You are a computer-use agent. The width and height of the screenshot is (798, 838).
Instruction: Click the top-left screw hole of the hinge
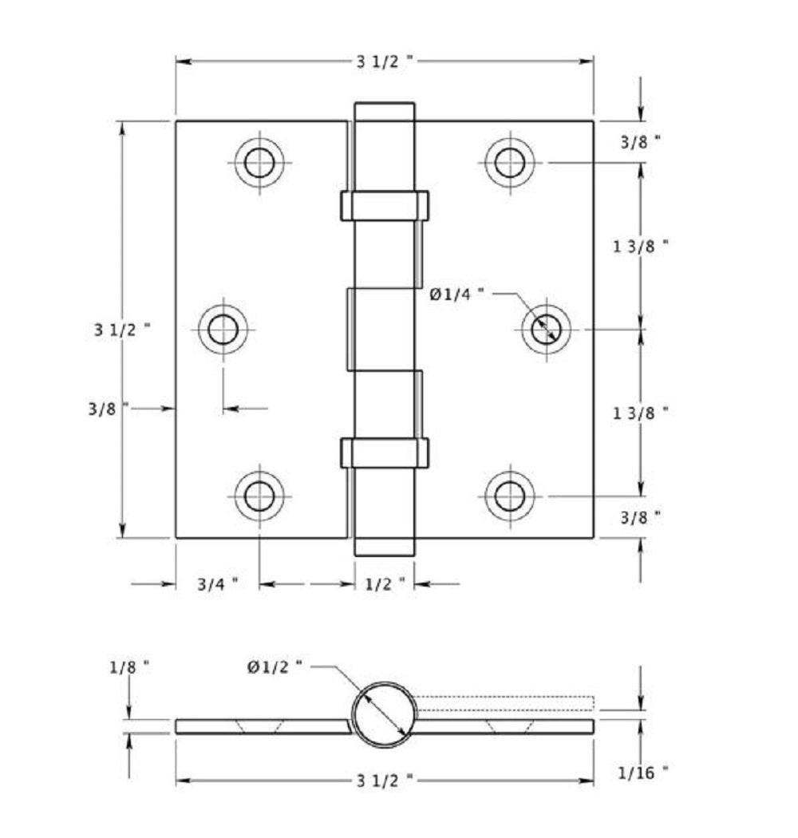(x=259, y=163)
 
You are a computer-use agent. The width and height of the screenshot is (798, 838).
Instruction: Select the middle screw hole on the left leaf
(x=223, y=328)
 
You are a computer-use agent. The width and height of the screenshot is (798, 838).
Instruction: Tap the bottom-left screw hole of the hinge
(x=259, y=496)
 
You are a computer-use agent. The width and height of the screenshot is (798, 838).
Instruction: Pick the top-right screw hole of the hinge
(x=509, y=163)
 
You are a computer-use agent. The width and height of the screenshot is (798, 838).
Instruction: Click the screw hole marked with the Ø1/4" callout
(x=546, y=328)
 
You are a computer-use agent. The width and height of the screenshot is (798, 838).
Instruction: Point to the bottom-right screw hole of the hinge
(x=509, y=496)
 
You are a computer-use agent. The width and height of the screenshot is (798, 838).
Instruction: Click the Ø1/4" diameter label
(x=457, y=294)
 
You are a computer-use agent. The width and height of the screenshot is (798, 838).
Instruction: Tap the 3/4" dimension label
(x=218, y=585)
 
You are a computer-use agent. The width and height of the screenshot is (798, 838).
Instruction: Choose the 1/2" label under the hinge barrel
(x=385, y=585)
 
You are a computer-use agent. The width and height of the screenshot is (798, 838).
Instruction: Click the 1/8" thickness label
(x=128, y=666)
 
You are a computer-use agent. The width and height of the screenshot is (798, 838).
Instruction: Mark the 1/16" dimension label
(x=642, y=772)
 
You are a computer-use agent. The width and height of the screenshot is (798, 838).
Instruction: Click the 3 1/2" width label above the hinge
(x=385, y=62)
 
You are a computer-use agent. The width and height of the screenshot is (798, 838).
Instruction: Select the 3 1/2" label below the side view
(x=385, y=780)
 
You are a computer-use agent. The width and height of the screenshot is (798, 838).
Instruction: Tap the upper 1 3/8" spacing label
(x=640, y=246)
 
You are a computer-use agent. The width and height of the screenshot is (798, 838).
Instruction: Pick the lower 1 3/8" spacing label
(x=640, y=413)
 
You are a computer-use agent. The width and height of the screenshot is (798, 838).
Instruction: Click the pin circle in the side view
(x=385, y=714)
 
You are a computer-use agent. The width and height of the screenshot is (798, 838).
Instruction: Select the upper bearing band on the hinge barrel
(x=385, y=206)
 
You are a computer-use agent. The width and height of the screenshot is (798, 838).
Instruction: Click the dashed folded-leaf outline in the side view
(x=505, y=703)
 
